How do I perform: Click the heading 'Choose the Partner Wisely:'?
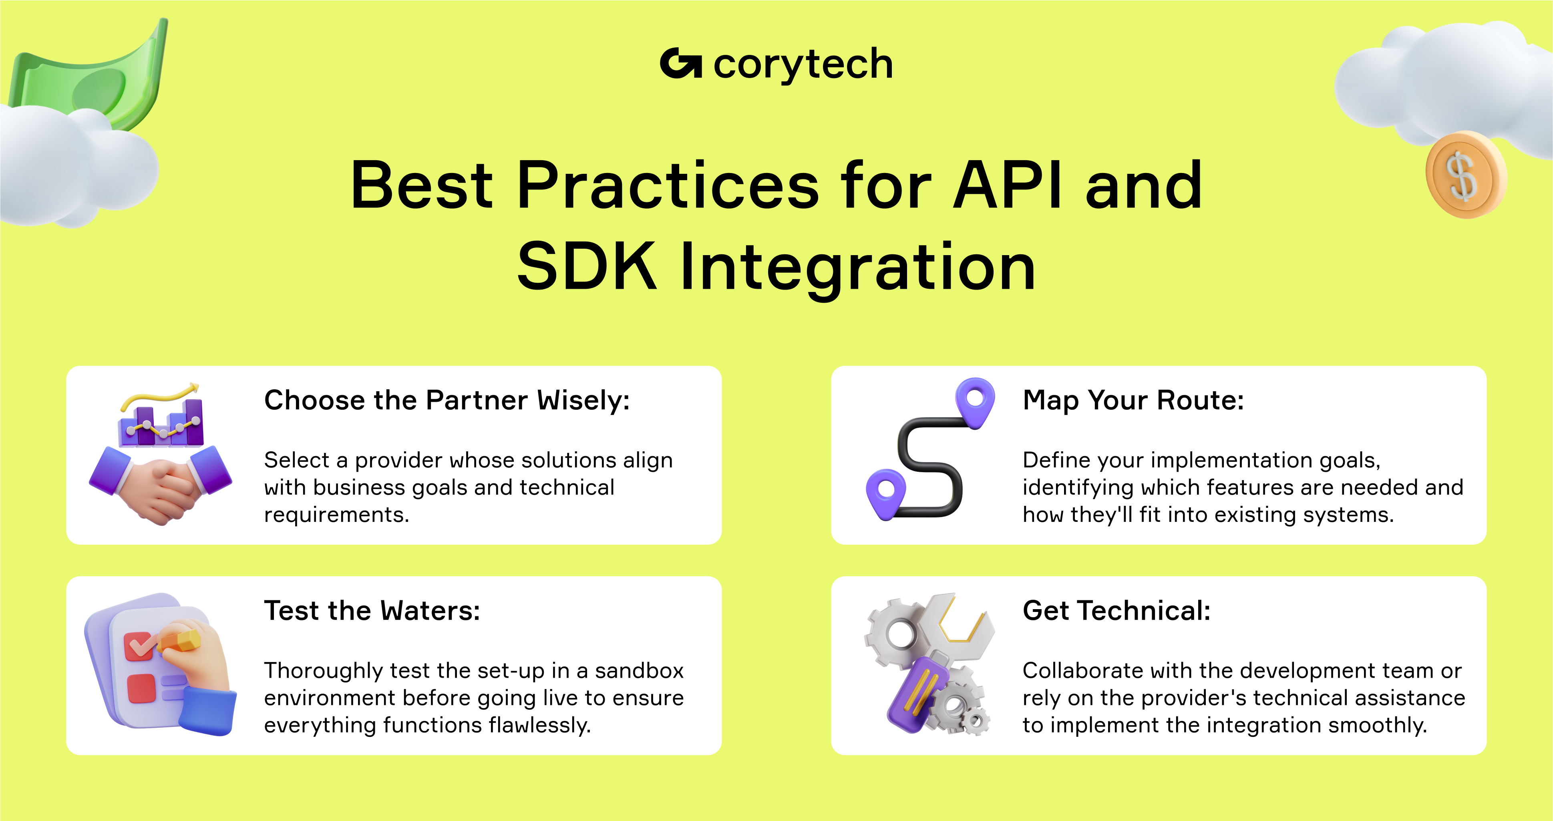[447, 400]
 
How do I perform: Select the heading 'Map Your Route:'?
[1133, 400]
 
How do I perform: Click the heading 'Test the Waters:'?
[372, 611]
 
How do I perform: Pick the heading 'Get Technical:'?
[1116, 611]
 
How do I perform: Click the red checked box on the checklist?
[139, 646]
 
